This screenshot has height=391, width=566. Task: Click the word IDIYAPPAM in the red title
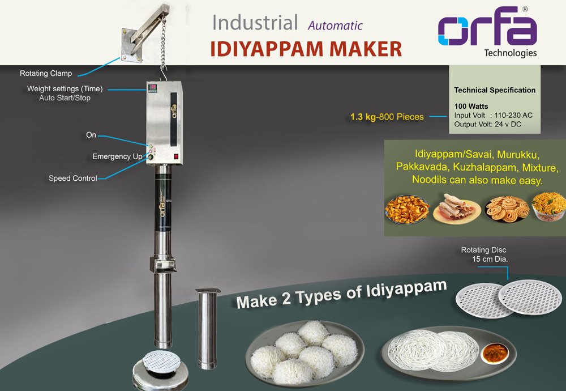pos(268,49)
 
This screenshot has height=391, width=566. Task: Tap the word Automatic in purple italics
pos(335,25)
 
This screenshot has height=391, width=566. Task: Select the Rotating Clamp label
pos(46,74)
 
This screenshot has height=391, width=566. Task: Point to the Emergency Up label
pos(118,156)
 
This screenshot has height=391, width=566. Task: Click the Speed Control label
pos(73,178)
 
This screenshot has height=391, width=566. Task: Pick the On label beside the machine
pos(91,135)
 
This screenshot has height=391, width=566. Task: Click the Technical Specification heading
pos(495,90)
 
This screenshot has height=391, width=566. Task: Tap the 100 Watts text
pos(471,106)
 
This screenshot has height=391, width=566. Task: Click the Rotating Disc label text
pos(483,250)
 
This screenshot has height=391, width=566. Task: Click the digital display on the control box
pos(153,88)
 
